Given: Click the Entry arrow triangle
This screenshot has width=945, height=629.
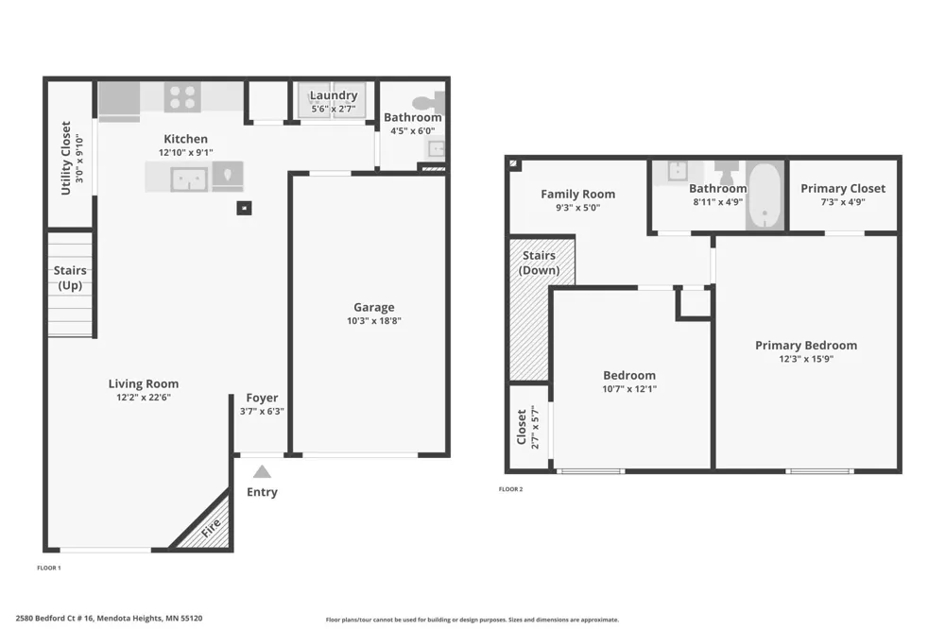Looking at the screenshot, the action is (x=262, y=472).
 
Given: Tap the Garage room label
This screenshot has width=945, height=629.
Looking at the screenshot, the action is (x=373, y=307).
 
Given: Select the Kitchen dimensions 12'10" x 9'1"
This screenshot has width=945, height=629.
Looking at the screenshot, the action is (x=185, y=153).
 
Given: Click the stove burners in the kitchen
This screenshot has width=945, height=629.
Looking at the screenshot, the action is (x=182, y=97).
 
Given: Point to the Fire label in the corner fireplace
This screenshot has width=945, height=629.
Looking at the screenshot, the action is (x=211, y=528).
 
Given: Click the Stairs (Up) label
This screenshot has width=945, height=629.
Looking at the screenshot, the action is (x=70, y=278).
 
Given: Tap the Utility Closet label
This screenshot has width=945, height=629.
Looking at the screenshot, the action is (x=66, y=159).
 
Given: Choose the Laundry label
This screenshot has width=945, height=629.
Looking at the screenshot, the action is (x=334, y=95).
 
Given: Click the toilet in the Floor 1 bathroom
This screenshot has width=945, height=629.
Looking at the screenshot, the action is (x=430, y=102).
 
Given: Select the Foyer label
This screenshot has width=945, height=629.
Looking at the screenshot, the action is (x=262, y=398).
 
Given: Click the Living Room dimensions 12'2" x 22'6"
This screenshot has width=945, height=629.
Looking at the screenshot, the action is (x=144, y=398).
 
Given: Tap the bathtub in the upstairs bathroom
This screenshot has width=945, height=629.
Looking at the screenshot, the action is (x=765, y=195).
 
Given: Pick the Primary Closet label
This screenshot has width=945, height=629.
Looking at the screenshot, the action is (x=843, y=189).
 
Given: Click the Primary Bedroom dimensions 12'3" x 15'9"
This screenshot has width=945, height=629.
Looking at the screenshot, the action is (x=806, y=359).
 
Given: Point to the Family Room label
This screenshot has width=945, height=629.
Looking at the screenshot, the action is (x=578, y=194).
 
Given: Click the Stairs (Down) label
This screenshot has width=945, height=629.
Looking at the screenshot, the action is (x=539, y=263).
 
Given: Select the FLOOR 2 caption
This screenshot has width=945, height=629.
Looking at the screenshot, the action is (x=510, y=489).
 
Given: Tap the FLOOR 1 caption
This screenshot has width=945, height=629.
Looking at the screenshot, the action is (x=49, y=568).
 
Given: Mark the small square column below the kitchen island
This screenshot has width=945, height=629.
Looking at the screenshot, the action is (x=244, y=208).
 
